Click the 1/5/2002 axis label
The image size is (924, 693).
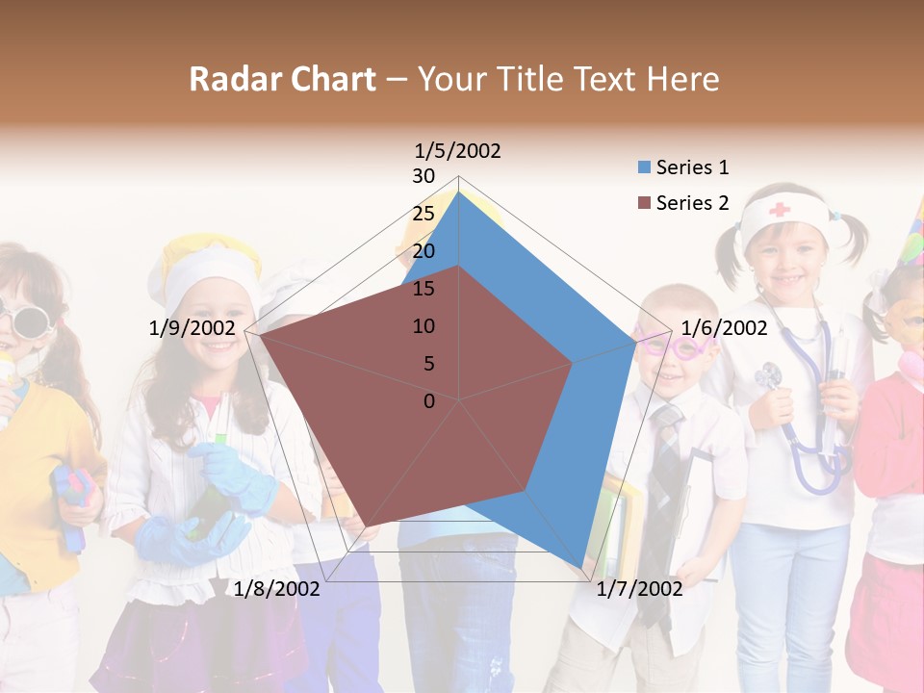458,151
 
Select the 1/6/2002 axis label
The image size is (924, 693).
724,328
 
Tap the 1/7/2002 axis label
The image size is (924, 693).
639,589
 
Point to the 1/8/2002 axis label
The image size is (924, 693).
277,589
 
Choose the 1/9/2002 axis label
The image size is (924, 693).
192,328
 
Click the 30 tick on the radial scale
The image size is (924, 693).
423,176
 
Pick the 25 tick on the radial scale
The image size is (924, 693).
423,214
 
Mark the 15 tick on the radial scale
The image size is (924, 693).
423,289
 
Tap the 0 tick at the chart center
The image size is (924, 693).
429,401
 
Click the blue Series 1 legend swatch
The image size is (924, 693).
644,167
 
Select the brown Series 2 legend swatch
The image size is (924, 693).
644,203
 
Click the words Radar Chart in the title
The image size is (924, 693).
282,79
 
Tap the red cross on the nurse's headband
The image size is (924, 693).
779,208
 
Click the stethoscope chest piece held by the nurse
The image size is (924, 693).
769,376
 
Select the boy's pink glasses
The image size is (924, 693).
674,345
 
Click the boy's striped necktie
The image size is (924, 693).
665,452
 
